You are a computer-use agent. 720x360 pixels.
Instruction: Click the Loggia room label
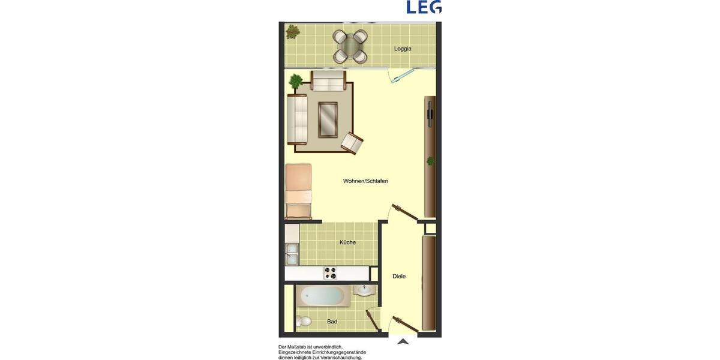tap(403, 49)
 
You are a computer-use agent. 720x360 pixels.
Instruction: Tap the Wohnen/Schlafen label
tap(365, 181)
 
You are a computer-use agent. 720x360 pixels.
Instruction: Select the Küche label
tap(347, 242)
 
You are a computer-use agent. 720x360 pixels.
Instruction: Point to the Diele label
tap(399, 277)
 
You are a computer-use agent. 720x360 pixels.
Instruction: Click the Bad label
tap(332, 322)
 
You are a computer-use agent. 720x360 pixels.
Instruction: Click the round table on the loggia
tap(350, 46)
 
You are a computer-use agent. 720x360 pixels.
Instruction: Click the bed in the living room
tap(299, 191)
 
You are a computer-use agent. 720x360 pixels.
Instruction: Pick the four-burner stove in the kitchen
tap(331, 273)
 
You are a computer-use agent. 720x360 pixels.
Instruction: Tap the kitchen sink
tap(292, 254)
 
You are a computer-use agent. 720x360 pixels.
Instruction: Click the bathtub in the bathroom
tap(323, 296)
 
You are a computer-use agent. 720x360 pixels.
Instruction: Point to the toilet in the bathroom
tap(304, 321)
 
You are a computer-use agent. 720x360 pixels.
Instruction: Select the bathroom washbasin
tap(362, 291)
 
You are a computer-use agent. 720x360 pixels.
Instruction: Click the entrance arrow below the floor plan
tap(403, 341)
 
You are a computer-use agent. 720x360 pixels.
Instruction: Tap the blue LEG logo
tap(424, 7)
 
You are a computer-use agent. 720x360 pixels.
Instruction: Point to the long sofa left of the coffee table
tap(298, 119)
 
